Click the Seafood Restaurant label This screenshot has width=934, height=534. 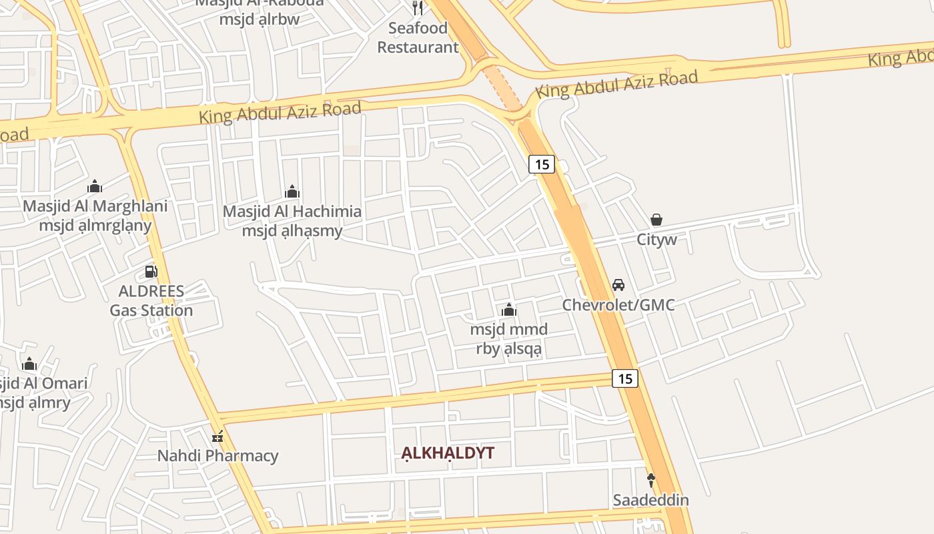tap(418, 37)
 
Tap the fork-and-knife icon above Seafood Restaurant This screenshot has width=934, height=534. tap(418, 8)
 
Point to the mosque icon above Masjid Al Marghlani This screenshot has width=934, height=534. tap(95, 186)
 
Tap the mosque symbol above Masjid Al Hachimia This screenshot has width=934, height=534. tap(292, 192)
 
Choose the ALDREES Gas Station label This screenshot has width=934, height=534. tap(151, 300)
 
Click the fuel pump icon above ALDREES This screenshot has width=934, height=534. tap(151, 272)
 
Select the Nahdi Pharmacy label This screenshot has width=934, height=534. tap(217, 456)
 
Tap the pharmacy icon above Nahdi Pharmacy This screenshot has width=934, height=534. tap(217, 437)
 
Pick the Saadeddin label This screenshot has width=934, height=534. tap(651, 500)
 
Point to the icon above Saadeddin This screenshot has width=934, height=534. tap(651, 479)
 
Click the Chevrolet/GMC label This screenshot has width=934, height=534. tap(618, 305)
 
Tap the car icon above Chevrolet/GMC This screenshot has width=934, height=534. tap(618, 285)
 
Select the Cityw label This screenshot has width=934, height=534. tap(656, 240)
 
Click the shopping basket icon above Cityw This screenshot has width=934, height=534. tap(656, 220)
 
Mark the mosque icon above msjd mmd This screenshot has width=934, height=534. tap(509, 310)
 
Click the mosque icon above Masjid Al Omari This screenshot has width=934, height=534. tap(29, 364)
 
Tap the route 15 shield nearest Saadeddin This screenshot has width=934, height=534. tap(625, 378)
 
